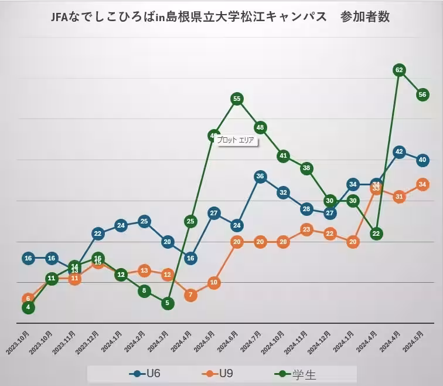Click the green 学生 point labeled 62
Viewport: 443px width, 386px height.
click(x=399, y=70)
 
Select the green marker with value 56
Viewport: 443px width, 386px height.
click(x=422, y=94)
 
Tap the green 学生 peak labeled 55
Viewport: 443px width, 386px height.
click(x=237, y=99)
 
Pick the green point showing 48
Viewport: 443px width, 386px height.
click(x=260, y=127)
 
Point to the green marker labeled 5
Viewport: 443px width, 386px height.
click(x=168, y=303)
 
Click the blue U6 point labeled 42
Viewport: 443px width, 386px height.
click(x=399, y=152)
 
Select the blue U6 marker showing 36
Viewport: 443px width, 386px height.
click(x=260, y=176)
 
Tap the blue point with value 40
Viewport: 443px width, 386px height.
click(x=422, y=160)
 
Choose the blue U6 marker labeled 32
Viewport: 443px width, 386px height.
click(x=283, y=192)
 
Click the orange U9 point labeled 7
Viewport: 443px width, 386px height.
click(x=190, y=294)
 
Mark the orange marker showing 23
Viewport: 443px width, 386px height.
click(x=306, y=229)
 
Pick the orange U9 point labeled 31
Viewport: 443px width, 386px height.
click(x=399, y=197)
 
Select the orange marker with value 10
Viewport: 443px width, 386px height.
click(x=214, y=282)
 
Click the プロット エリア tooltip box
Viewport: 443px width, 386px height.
click(x=236, y=141)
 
